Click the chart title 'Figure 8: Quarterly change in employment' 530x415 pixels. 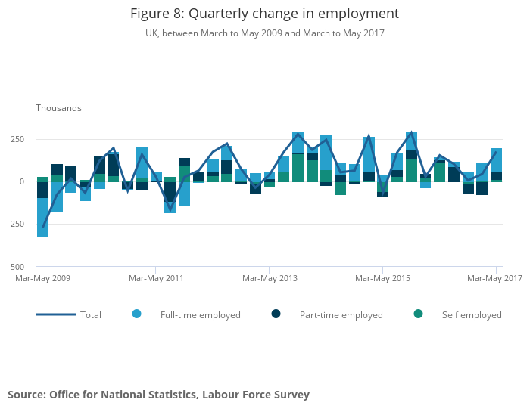(264, 14)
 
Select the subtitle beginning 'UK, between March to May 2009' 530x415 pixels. (264, 33)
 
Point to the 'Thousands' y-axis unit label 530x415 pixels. (58, 108)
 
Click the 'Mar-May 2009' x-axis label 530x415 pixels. (43, 278)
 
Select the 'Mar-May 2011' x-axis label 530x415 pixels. (156, 278)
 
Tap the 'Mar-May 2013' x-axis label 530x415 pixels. (270, 278)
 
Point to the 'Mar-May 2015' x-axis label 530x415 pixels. (382, 278)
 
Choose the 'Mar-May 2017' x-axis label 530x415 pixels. (494, 278)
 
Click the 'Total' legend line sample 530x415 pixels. (56, 314)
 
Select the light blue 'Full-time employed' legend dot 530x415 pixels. (136, 314)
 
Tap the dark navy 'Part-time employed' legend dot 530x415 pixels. (276, 314)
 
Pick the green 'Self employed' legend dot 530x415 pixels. (418, 314)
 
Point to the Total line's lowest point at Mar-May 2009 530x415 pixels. (42, 226)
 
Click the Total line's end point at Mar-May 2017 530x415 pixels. (496, 153)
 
